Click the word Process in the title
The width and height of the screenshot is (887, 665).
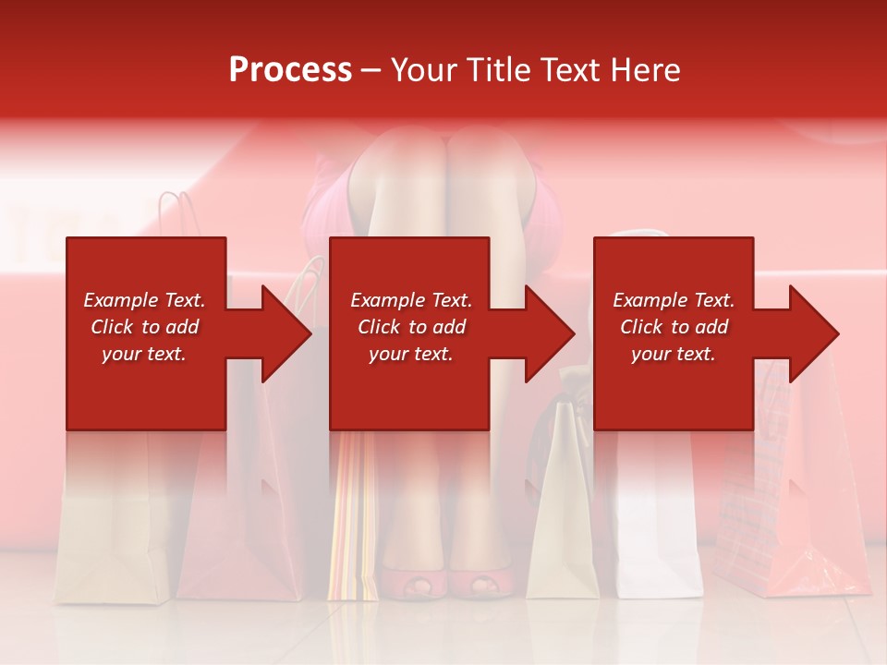point(290,70)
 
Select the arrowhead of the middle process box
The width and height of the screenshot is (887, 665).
point(548,333)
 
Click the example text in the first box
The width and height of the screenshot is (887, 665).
point(144,327)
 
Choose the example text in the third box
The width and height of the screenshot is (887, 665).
point(674,327)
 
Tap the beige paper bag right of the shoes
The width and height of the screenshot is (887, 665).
point(564,517)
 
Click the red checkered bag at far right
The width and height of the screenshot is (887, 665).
point(758,517)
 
